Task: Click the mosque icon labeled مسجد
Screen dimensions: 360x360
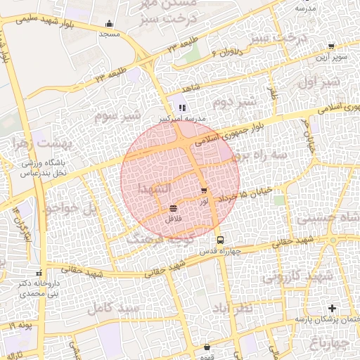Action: click(x=109, y=23)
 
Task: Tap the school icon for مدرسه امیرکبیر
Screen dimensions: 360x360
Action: click(x=181, y=108)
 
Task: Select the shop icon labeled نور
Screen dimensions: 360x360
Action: click(x=204, y=191)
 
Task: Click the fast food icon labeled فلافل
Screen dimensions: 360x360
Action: click(x=173, y=208)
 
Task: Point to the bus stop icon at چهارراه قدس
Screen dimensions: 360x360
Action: click(x=219, y=239)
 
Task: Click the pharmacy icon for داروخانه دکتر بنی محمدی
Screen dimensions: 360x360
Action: click(x=38, y=272)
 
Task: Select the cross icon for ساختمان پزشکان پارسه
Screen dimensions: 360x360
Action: click(x=333, y=308)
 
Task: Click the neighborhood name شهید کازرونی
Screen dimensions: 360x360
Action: click(x=296, y=276)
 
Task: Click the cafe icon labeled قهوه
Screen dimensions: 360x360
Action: click(x=207, y=347)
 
